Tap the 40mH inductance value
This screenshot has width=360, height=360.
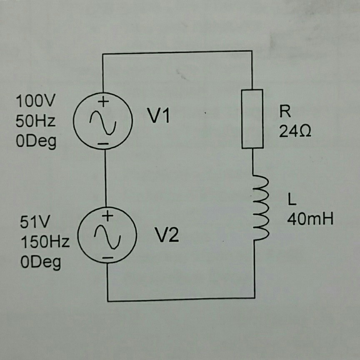[x=310, y=219]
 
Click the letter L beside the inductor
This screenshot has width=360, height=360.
[x=291, y=201]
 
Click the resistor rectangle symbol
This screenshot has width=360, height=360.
[x=252, y=119]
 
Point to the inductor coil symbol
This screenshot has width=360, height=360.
[x=260, y=207]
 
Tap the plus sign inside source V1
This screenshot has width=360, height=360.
[x=103, y=101]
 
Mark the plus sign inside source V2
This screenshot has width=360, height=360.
[x=107, y=216]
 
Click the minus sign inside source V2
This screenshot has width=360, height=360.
[x=107, y=258]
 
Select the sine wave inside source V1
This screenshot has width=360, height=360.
[x=103, y=122]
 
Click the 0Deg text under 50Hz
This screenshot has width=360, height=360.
[x=35, y=142]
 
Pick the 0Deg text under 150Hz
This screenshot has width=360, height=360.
[x=40, y=262]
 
